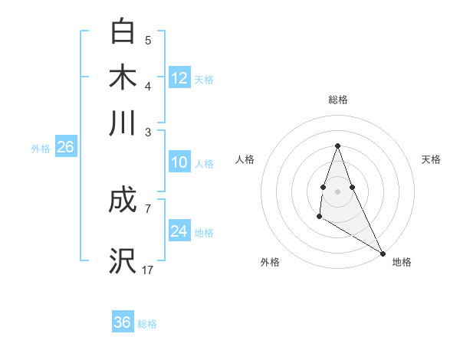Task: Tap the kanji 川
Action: click(x=123, y=123)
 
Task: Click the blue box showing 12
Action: click(x=179, y=77)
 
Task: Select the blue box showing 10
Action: click(x=179, y=162)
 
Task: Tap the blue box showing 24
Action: click(x=179, y=231)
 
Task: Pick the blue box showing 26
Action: click(x=65, y=148)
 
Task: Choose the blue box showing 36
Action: click(x=123, y=322)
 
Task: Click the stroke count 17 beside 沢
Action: click(x=148, y=270)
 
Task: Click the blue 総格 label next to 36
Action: click(x=148, y=324)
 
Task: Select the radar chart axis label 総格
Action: click(x=337, y=100)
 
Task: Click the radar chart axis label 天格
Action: click(x=431, y=159)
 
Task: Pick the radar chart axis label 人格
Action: click(x=245, y=159)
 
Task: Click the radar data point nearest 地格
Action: click(x=383, y=253)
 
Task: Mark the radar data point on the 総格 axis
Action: click(x=337, y=146)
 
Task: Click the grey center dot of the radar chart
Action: click(x=337, y=190)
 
